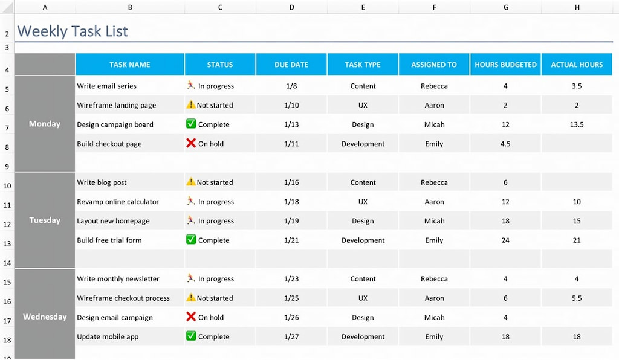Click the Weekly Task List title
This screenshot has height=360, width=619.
(73, 31)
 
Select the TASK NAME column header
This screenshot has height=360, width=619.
(130, 65)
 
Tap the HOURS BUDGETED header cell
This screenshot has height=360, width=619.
(505, 65)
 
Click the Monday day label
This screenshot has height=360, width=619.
(45, 124)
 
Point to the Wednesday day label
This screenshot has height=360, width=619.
(45, 317)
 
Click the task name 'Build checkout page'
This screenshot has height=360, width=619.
(109, 144)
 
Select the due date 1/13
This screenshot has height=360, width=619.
(291, 124)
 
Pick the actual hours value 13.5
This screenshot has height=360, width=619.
(577, 124)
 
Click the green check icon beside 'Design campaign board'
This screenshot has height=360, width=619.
(191, 124)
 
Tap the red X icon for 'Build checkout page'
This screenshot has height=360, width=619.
(191, 143)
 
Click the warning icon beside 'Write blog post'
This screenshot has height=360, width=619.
(191, 182)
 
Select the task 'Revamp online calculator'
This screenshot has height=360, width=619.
(118, 202)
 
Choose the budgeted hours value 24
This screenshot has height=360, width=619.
(505, 240)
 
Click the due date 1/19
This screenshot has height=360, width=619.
(291, 221)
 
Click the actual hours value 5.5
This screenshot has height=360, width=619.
(577, 298)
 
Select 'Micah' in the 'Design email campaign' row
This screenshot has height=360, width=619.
(434, 317)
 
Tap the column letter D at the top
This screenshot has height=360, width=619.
(292, 7)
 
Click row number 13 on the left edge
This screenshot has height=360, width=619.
(7, 244)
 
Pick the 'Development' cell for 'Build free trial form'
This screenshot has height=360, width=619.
(363, 240)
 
